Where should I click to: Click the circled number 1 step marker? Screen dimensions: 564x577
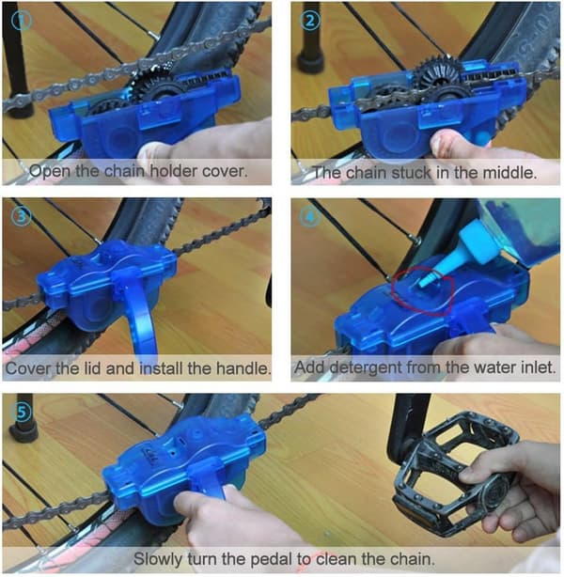(22, 21)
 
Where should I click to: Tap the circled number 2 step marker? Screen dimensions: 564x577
(310, 21)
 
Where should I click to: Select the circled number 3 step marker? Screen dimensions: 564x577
(22, 217)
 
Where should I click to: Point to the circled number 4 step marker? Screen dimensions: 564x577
(310, 217)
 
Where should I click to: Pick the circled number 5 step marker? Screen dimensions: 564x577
(22, 413)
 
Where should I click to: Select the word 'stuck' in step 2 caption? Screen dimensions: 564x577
(411, 173)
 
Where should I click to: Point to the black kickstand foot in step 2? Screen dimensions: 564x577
(310, 63)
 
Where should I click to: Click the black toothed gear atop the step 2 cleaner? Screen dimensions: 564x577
(437, 72)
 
